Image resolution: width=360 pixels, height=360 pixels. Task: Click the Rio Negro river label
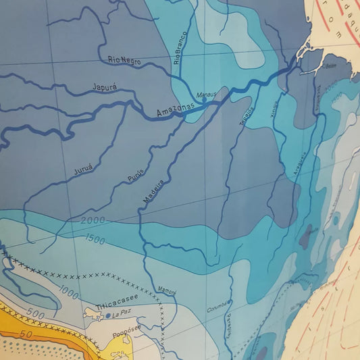[x=124, y=61]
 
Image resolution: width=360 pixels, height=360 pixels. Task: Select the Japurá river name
[x=107, y=87]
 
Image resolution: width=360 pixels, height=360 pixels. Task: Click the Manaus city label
[x=207, y=96]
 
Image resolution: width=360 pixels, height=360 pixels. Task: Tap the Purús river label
[x=135, y=170]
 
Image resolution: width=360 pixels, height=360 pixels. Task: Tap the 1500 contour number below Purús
[x=95, y=238]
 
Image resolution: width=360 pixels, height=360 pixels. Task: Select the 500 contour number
[x=36, y=314]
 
